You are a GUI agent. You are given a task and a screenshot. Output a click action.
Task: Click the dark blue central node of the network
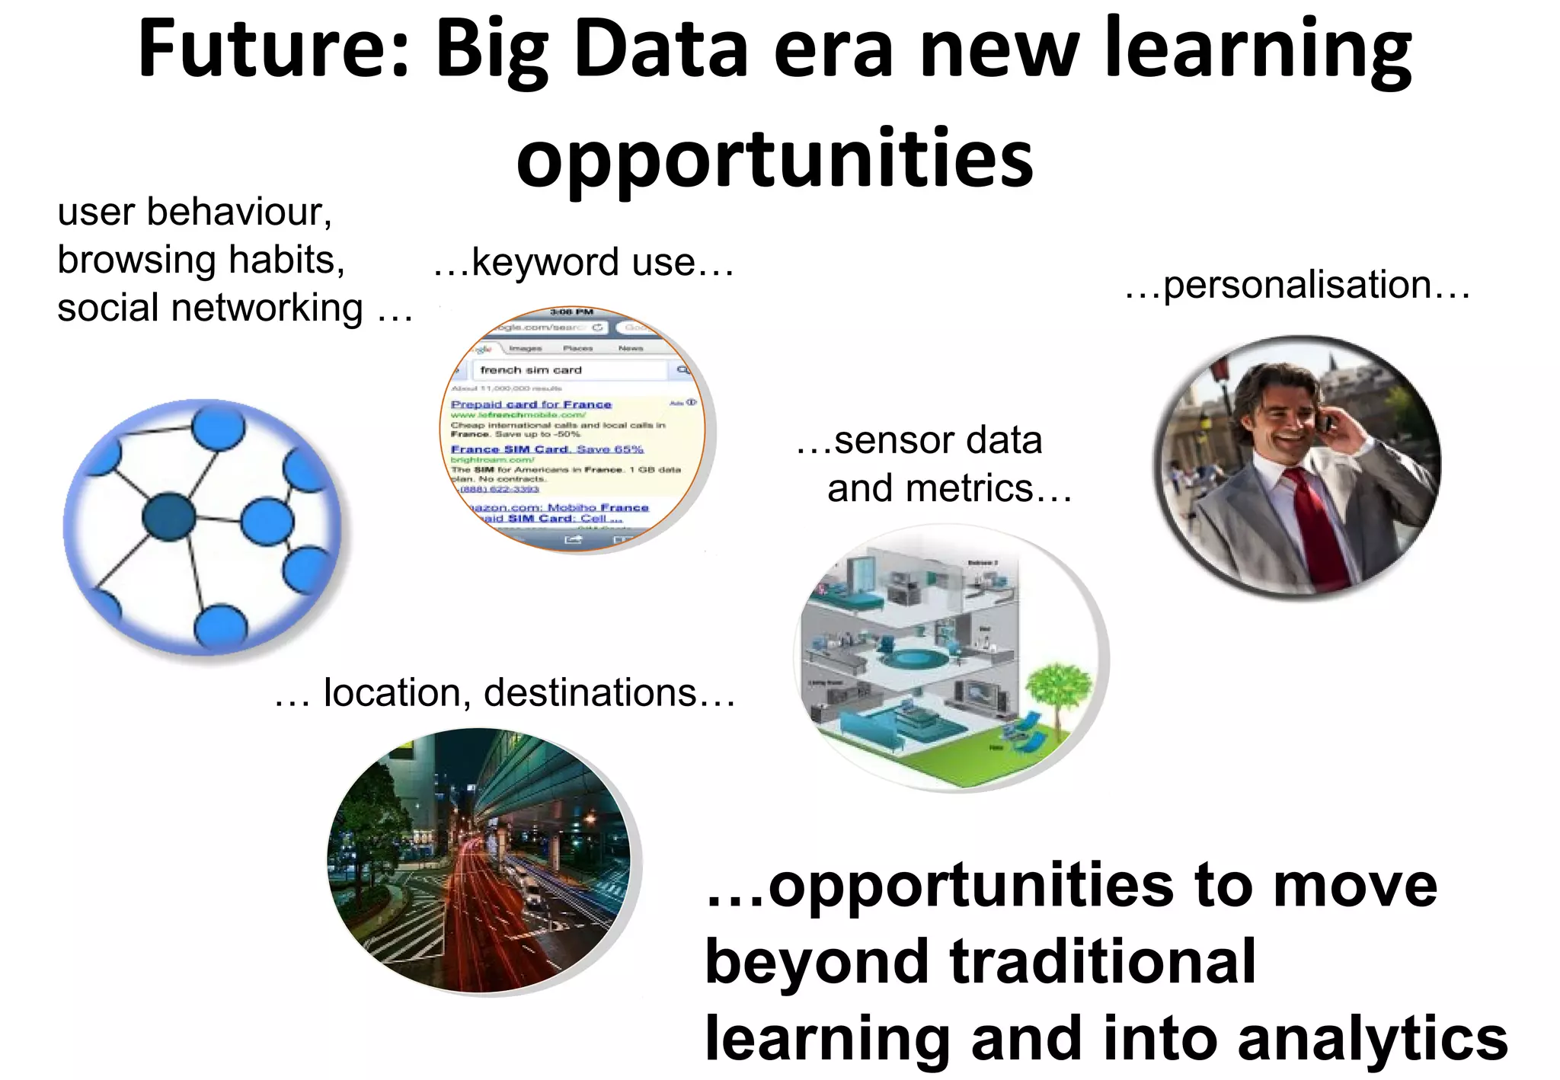click(168, 517)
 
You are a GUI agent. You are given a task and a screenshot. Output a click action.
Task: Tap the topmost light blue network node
click(218, 428)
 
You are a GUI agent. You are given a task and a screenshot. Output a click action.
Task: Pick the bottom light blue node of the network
click(221, 627)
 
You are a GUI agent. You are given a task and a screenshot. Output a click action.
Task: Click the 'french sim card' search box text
click(531, 370)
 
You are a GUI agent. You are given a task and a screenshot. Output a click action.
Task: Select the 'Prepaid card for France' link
click(531, 404)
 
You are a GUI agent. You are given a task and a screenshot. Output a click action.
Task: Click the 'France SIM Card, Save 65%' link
click(547, 449)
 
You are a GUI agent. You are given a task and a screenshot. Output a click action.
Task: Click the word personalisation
click(1297, 286)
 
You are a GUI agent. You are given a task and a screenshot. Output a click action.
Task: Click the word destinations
click(590, 693)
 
